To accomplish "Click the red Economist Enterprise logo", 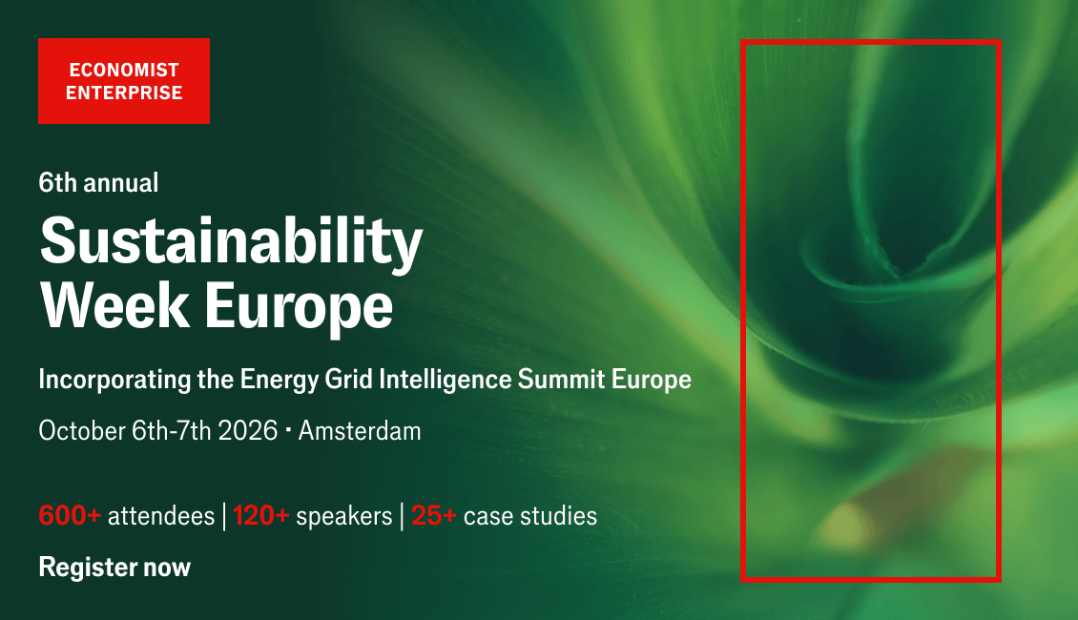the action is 124,81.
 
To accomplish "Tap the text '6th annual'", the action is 98,183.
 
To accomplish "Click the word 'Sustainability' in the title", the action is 231,242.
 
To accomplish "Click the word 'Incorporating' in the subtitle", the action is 114,381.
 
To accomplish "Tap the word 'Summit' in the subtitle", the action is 561,380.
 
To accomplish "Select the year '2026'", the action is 247,431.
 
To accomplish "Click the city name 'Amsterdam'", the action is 360,431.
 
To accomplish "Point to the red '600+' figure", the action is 71,515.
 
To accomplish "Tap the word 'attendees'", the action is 161,516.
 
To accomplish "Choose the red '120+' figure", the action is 260,515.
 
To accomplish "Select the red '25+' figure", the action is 434,515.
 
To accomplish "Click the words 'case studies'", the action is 530,516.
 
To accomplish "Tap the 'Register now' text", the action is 114,568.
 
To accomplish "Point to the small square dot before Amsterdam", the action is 287,430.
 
